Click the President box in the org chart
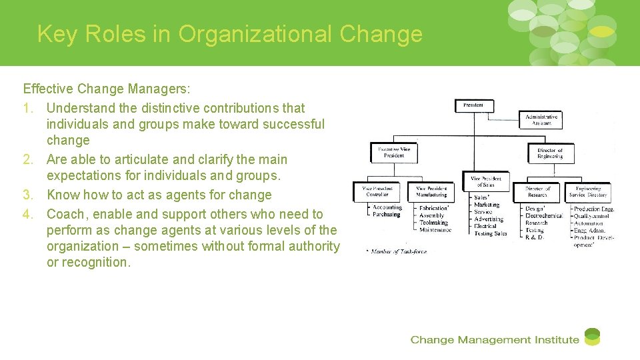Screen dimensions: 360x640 tap(475, 105)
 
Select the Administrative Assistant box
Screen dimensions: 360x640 tap(541, 120)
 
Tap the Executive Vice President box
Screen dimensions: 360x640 tap(395, 153)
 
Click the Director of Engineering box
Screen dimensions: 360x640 tap(550, 153)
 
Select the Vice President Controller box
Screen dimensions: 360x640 tap(376, 192)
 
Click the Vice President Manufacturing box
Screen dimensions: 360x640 tap(431, 192)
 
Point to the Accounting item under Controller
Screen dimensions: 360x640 tap(387, 207)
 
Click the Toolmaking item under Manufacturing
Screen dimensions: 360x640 tap(433, 223)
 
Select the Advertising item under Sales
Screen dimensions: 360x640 tap(489, 219)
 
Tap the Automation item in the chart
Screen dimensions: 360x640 tap(588, 223)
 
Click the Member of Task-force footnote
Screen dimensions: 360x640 tap(399, 251)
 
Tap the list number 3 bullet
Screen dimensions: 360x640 tap(27, 195)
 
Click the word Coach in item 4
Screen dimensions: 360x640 tap(65, 214)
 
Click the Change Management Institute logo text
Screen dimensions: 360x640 tap(494, 340)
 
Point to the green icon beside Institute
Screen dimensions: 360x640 tap(592, 337)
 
